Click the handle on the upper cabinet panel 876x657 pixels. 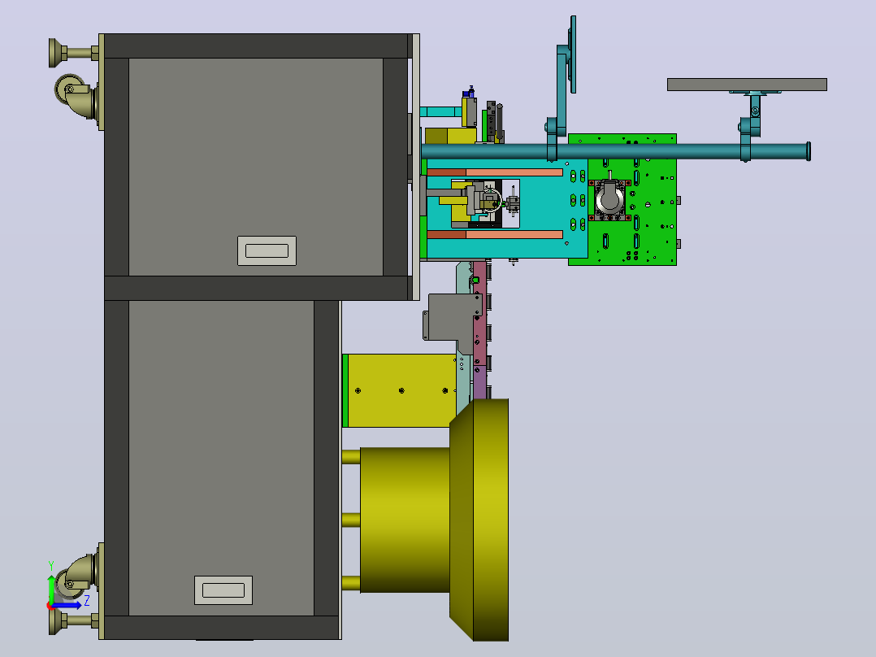tap(267, 250)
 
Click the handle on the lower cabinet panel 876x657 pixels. tap(223, 590)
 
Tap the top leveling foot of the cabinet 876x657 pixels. tap(70, 53)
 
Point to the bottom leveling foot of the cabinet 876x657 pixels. tap(70, 620)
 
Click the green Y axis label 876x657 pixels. tap(51, 566)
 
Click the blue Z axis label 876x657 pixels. tap(87, 602)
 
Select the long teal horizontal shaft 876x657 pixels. tap(614, 151)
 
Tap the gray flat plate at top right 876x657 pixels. tap(747, 85)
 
